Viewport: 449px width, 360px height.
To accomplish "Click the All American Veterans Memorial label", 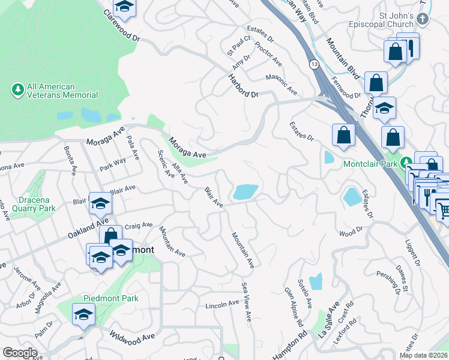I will pyautogui.click(x=62, y=91).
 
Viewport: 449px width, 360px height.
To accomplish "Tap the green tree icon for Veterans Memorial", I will pyautogui.click(x=18, y=90).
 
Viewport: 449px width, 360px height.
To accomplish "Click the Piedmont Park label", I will pyautogui.click(x=110, y=298).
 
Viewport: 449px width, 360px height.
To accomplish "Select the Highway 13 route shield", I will pyautogui.click(x=314, y=64).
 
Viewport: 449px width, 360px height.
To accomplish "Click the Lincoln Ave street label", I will pyautogui.click(x=222, y=305).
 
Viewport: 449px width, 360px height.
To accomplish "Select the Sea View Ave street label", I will pyautogui.click(x=246, y=298).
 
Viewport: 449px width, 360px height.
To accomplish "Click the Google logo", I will pyautogui.click(x=20, y=353).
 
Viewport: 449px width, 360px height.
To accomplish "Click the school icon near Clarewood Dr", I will pyautogui.click(x=125, y=7).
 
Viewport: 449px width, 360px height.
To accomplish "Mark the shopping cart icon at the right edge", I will pyautogui.click(x=442, y=209).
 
